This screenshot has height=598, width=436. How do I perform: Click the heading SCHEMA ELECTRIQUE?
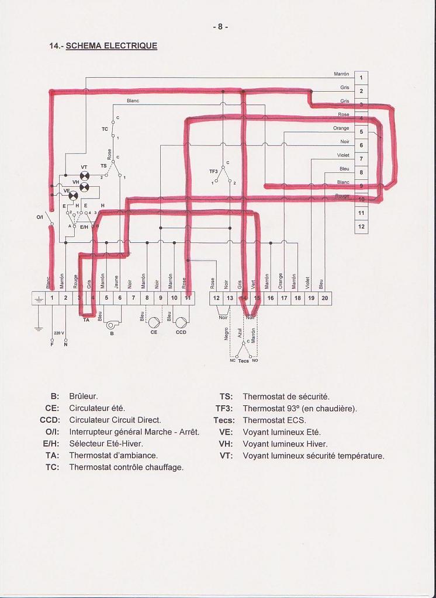pos(111,46)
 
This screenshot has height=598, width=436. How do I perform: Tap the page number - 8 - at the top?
pos(220,26)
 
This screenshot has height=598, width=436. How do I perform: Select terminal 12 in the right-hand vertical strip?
pos(361,227)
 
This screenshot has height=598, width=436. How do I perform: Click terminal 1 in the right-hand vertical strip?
pos(361,78)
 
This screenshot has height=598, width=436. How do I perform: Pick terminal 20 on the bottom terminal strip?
pos(324,298)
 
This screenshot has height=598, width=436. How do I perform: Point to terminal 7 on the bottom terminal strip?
pos(133,298)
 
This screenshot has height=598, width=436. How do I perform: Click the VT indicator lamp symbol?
pos(85,176)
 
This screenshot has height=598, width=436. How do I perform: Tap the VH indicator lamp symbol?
pos(85,187)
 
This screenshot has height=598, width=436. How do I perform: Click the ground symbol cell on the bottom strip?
pos(38,298)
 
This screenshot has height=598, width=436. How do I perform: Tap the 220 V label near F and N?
pos(59,332)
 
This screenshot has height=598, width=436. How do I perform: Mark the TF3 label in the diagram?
pos(213,171)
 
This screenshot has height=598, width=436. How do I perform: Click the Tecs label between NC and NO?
pos(243,361)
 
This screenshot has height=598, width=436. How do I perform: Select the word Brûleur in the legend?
pos(83,396)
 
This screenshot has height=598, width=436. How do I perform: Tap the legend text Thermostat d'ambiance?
pos(113,455)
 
